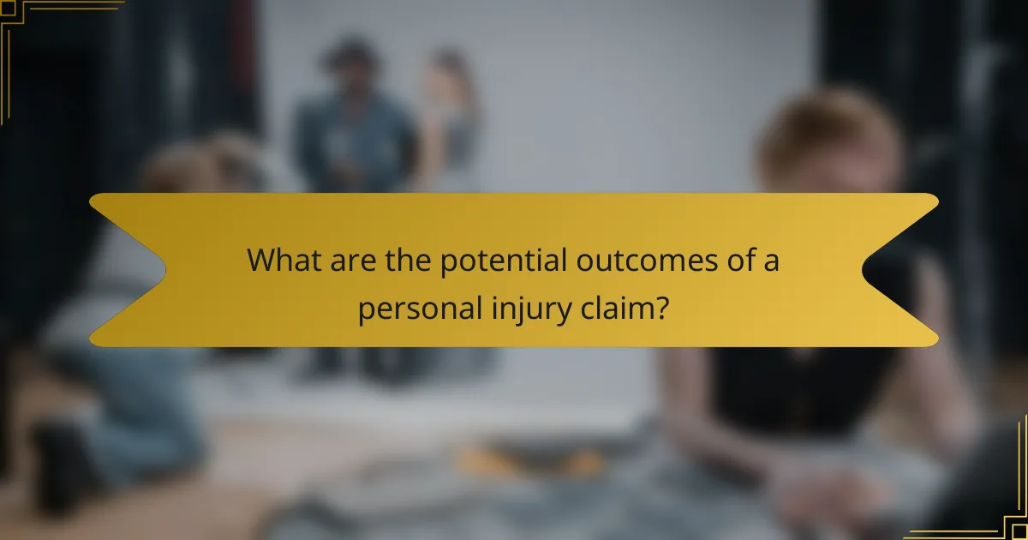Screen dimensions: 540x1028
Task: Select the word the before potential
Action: pos(406,261)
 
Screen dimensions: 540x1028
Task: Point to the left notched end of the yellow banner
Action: pos(128,270)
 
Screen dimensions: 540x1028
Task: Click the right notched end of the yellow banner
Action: pos(899,270)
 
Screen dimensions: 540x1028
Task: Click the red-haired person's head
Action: pos(827,141)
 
